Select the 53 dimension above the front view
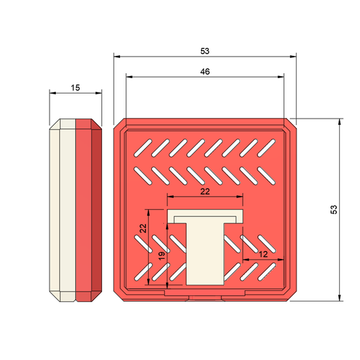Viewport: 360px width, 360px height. pyautogui.click(x=204, y=51)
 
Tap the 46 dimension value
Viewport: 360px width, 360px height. pyautogui.click(x=204, y=71)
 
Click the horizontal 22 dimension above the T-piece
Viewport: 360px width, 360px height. pyautogui.click(x=204, y=191)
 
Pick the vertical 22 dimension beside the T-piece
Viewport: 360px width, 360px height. pyautogui.click(x=142, y=228)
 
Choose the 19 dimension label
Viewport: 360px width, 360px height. pyautogui.click(x=162, y=256)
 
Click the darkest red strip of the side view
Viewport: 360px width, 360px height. pyautogui.click(x=97, y=209)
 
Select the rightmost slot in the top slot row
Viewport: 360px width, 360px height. pyautogui.click(x=267, y=147)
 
